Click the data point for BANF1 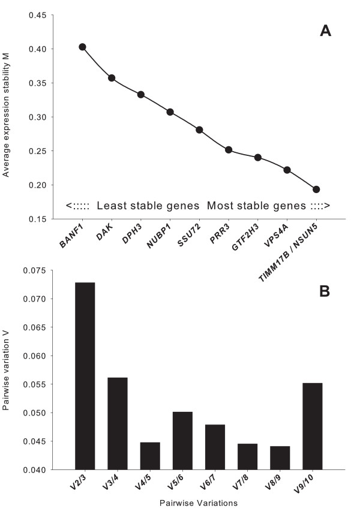coord(82,47)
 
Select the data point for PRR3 coord(229,149)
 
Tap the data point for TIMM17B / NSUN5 coord(316,189)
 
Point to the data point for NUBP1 coord(170,112)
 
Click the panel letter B coord(325,294)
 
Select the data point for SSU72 coord(199,130)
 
